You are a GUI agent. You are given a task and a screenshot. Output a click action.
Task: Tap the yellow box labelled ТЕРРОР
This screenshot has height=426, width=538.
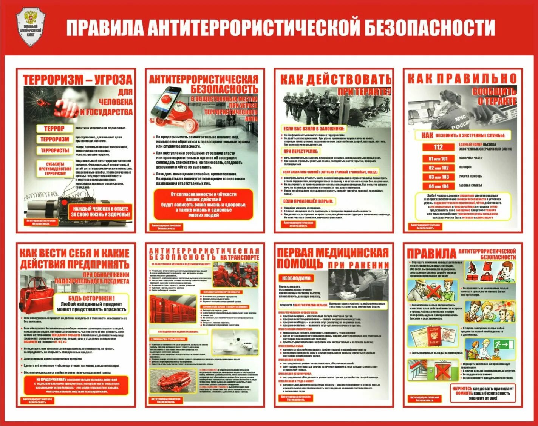click(x=54, y=128)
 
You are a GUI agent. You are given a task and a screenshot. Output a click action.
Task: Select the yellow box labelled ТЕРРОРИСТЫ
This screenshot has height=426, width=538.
click(x=55, y=150)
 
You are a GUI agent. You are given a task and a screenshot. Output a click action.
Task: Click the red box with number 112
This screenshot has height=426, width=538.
click(x=438, y=147)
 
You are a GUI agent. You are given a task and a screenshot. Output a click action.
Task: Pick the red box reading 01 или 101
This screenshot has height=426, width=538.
click(x=438, y=158)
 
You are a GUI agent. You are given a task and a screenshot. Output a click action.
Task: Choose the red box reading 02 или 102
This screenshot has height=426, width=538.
click(x=438, y=168)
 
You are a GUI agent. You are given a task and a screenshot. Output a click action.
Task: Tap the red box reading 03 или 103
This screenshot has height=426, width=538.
click(x=438, y=177)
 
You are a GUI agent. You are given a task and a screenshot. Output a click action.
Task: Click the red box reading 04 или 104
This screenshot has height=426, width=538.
click(x=438, y=186)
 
